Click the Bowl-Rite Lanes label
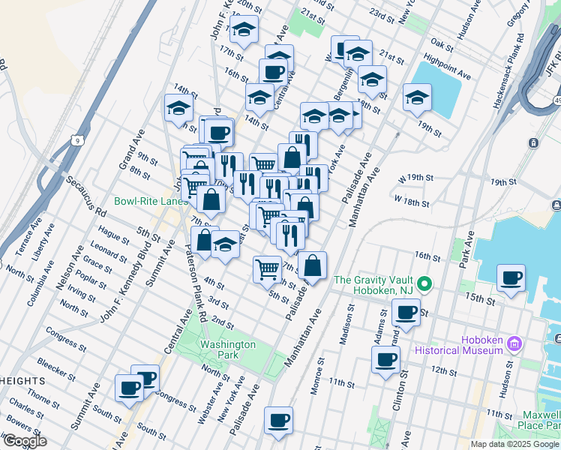tap(151, 201)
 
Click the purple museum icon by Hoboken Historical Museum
tap(514, 343)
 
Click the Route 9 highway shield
tap(76, 139)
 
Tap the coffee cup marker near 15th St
tap(511, 279)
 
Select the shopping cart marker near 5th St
tap(267, 269)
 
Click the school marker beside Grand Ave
tap(178, 108)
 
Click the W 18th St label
tap(412, 202)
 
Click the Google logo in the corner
tap(24, 441)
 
